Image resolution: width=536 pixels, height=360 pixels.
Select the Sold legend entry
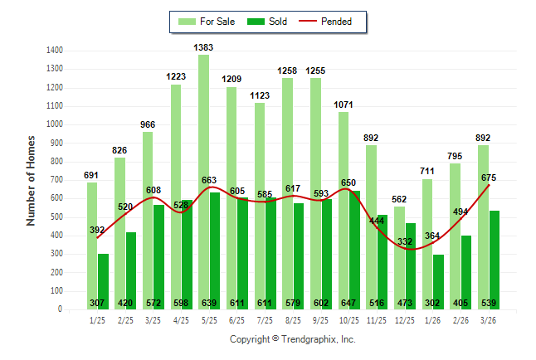[269, 22]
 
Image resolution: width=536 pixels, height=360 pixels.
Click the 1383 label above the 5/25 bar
[203, 48]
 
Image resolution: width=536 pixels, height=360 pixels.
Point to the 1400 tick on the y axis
[55, 51]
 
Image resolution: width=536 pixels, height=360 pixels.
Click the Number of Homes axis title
[32, 180]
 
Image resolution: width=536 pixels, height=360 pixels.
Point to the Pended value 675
[489, 178]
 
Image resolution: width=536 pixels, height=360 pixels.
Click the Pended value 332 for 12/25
[404, 241]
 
